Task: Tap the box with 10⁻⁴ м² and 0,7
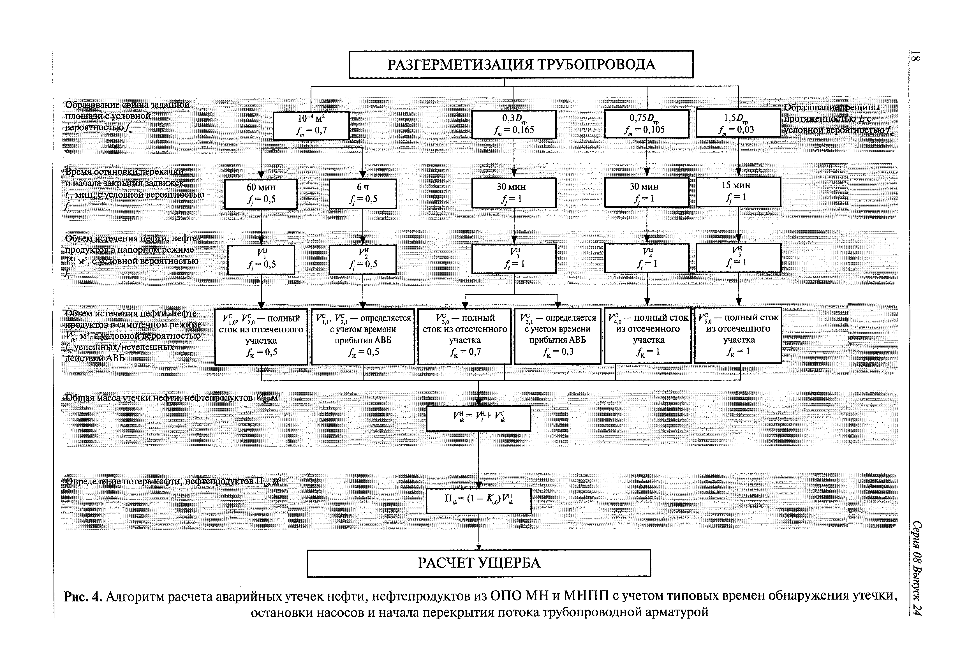pos(311,125)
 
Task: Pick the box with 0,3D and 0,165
pos(513,124)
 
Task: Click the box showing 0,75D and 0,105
pos(646,124)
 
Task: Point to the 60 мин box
pos(261,194)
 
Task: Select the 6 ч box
pos(363,194)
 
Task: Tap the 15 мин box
pos(738,192)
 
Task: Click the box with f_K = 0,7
pos(464,336)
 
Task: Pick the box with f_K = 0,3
pos(557,336)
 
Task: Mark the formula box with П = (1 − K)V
pos(478,501)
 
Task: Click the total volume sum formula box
pos(478,418)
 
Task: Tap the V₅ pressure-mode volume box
pos(738,258)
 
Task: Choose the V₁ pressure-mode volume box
pos(261,260)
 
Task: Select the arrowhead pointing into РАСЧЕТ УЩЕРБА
pos(479,547)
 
